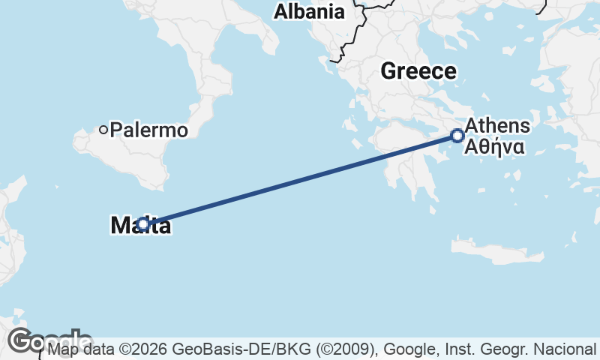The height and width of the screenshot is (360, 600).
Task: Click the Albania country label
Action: (x=309, y=12)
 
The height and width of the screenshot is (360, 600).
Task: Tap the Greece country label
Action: (x=418, y=71)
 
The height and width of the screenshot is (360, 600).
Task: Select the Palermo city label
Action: (x=148, y=130)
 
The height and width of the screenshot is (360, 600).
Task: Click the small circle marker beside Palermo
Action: (x=103, y=130)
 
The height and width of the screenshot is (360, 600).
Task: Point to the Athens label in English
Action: (x=497, y=126)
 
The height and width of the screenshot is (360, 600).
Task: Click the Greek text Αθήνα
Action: (x=494, y=146)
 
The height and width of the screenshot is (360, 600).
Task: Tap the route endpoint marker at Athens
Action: (x=457, y=136)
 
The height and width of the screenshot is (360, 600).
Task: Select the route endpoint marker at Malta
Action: (x=143, y=223)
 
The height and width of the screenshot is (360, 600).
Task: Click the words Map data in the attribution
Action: (x=79, y=349)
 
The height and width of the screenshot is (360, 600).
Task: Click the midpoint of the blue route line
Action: (x=300, y=180)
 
